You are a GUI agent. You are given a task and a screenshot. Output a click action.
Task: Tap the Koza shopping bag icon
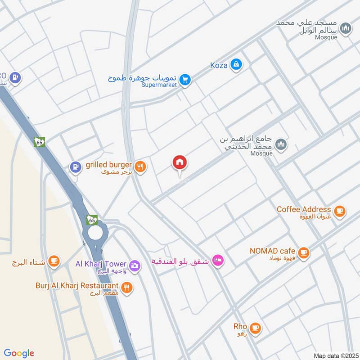click(x=236, y=65)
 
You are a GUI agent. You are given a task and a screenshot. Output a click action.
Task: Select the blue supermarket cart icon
click(x=184, y=80)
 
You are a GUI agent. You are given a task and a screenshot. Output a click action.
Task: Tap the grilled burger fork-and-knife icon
click(x=141, y=166)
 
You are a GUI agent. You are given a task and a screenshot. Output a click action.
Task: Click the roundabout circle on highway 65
click(x=95, y=233)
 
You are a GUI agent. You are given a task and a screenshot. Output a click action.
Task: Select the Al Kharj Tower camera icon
click(x=134, y=266)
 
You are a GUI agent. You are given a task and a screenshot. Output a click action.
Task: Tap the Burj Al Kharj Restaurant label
click(x=77, y=286)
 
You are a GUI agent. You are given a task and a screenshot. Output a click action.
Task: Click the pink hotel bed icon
click(x=218, y=261)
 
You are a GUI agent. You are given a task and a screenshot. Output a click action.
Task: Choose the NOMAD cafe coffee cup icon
click(x=304, y=252)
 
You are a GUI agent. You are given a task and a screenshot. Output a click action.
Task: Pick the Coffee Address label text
click(x=304, y=209)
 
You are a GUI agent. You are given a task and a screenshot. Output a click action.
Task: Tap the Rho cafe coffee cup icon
click(x=256, y=328)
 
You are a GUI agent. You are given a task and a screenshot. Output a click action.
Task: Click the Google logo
click(x=19, y=353)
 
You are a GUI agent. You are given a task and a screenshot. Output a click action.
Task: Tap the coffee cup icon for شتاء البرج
click(x=54, y=261)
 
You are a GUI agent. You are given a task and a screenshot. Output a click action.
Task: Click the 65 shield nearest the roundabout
click(x=92, y=220)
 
